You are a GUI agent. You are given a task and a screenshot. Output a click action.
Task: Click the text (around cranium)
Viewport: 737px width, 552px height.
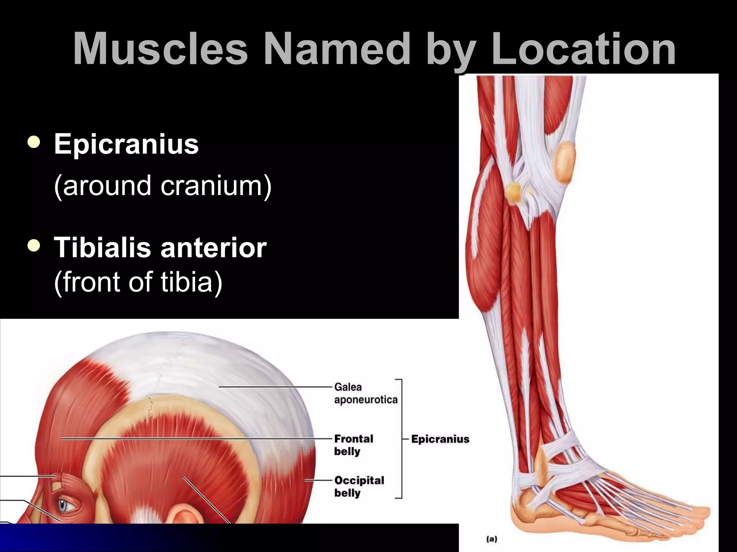click(x=163, y=186)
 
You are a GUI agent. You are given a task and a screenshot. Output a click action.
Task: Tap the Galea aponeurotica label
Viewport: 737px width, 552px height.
click(x=365, y=393)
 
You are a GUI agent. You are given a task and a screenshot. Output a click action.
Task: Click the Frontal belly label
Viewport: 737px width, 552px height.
click(x=353, y=445)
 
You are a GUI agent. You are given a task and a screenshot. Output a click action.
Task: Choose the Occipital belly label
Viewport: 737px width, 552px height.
click(x=359, y=486)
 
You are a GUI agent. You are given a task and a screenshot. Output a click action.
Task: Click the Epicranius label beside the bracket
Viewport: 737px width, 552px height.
click(x=440, y=439)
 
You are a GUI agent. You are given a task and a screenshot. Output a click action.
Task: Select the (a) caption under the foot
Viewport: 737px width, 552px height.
click(x=492, y=539)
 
